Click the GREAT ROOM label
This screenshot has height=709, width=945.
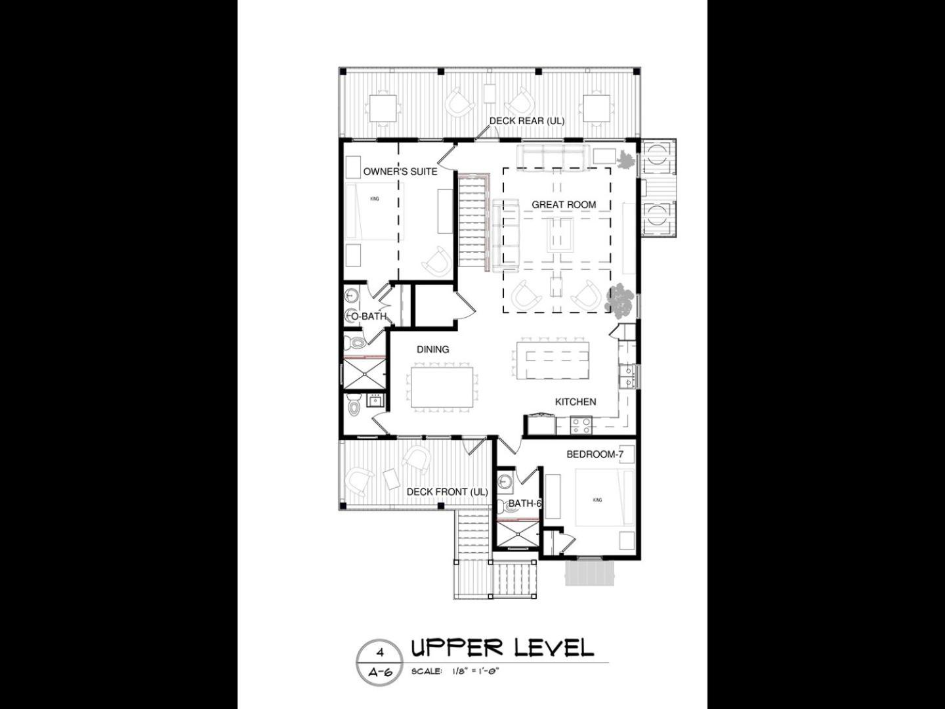coord(564,205)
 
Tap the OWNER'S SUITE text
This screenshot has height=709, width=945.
coord(400,172)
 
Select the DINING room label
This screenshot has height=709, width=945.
coord(432,349)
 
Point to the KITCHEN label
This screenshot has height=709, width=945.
coord(575,402)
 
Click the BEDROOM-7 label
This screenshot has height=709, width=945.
coord(595,454)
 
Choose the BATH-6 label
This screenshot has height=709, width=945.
coord(525,504)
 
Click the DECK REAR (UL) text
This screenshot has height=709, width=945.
coord(527,121)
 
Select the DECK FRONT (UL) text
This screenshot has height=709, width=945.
coord(447,492)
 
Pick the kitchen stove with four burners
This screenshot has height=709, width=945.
coord(581,425)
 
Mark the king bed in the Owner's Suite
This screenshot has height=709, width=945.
coord(375,211)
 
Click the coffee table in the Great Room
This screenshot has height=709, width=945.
coord(560,234)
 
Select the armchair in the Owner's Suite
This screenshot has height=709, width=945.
coord(437,262)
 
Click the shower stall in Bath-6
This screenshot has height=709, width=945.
coord(517,534)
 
